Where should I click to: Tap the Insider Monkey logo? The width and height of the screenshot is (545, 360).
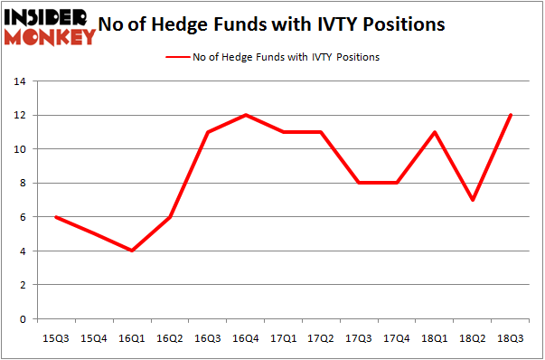(51, 24)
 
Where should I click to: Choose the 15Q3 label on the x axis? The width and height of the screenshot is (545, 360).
(56, 338)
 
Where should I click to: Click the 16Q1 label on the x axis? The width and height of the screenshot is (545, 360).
(132, 338)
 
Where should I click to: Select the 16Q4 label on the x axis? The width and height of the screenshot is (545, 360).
(245, 338)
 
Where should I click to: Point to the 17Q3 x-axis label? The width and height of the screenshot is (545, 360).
(359, 338)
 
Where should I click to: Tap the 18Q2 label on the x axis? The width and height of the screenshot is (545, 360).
(472, 338)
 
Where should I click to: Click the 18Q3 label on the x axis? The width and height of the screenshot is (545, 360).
(510, 338)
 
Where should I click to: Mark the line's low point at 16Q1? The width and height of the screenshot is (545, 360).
(132, 251)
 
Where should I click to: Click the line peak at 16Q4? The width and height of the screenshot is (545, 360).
(245, 115)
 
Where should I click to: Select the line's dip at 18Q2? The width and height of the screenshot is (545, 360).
(472, 200)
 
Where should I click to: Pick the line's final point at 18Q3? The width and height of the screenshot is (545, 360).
(510, 115)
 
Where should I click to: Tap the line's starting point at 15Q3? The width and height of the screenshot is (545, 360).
(56, 217)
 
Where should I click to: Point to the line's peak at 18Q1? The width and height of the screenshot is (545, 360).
(434, 132)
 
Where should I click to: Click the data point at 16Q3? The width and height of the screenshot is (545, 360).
(207, 132)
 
